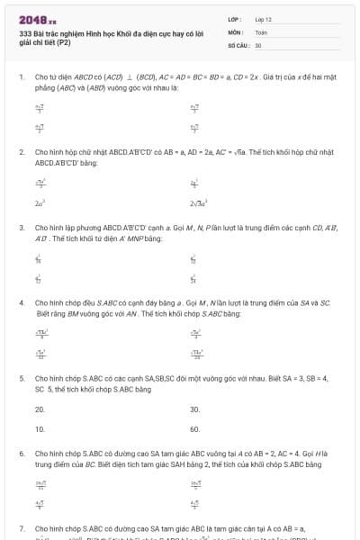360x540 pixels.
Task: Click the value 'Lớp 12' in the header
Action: pyautogui.click(x=263, y=19)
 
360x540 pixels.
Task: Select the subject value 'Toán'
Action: pyautogui.click(x=261, y=31)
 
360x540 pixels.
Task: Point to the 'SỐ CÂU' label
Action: pyautogui.click(x=238, y=44)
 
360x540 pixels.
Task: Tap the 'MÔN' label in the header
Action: pyautogui.click(x=235, y=31)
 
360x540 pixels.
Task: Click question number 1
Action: pyautogui.click(x=22, y=78)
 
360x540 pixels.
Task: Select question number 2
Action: pyautogui.click(x=22, y=153)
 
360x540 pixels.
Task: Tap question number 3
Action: pyautogui.click(x=22, y=228)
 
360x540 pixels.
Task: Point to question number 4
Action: pyautogui.click(x=22, y=303)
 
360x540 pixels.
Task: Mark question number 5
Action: pyautogui.click(x=22, y=379)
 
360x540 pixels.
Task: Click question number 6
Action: pyautogui.click(x=22, y=454)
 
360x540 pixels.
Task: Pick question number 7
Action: pyautogui.click(x=22, y=528)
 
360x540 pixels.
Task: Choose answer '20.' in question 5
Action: pyautogui.click(x=40, y=409)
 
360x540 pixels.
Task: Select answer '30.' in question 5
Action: pyautogui.click(x=194, y=409)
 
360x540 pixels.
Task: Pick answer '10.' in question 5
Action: pyautogui.click(x=40, y=429)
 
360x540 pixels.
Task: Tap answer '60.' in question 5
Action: pyautogui.click(x=194, y=429)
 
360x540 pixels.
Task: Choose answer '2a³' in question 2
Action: pyautogui.click(x=40, y=203)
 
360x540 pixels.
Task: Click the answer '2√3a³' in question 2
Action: pyautogui.click(x=199, y=203)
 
